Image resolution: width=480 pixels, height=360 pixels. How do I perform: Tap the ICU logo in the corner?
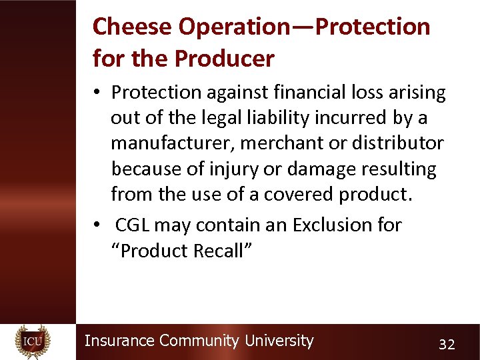[x=33, y=341]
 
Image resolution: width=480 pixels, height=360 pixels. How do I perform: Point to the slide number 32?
[x=447, y=344]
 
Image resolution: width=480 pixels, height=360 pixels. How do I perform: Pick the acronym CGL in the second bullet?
[x=132, y=225]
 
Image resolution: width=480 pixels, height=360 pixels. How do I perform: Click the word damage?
[x=313, y=169]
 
